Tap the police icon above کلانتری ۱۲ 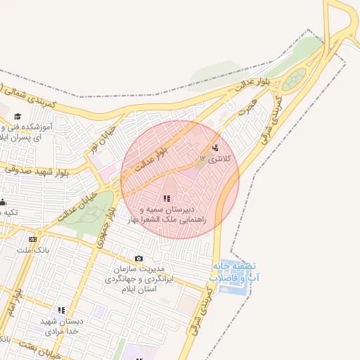click(214, 148)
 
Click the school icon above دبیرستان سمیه click(167, 199)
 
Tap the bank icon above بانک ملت click(32, 240)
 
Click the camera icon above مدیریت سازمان click(139, 259)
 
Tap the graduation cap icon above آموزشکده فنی click(17, 117)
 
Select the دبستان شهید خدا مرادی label click(61, 325)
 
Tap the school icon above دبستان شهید click(61, 309)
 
